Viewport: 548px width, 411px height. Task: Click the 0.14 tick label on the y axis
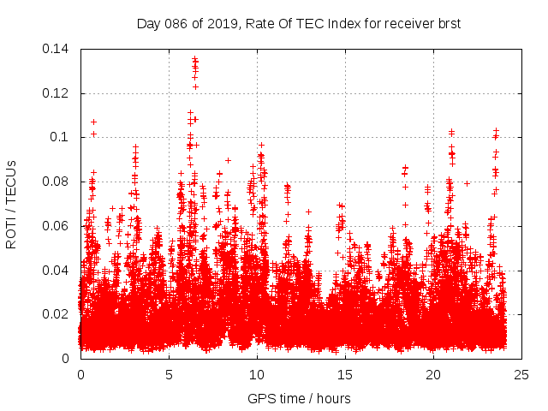point(57,49)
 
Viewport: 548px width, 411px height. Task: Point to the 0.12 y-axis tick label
point(57,93)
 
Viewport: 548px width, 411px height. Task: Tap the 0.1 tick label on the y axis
point(60,137)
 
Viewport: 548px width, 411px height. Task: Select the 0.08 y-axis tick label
point(57,182)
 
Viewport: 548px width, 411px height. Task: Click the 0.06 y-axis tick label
point(57,226)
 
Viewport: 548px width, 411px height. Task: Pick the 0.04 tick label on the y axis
point(57,271)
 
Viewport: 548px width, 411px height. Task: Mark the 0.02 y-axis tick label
point(57,314)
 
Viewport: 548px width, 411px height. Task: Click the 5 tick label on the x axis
point(169,374)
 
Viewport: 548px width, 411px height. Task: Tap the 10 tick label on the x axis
point(257,374)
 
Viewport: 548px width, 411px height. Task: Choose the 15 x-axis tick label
point(345,374)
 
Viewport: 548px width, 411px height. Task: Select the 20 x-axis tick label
point(433,374)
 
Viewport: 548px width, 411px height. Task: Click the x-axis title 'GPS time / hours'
point(299,398)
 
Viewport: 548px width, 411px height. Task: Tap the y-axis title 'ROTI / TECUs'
point(11,204)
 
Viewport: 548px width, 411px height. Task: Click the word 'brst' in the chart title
point(448,24)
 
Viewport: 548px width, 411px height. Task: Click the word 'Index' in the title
point(332,24)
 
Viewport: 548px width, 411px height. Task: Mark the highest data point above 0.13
point(194,58)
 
